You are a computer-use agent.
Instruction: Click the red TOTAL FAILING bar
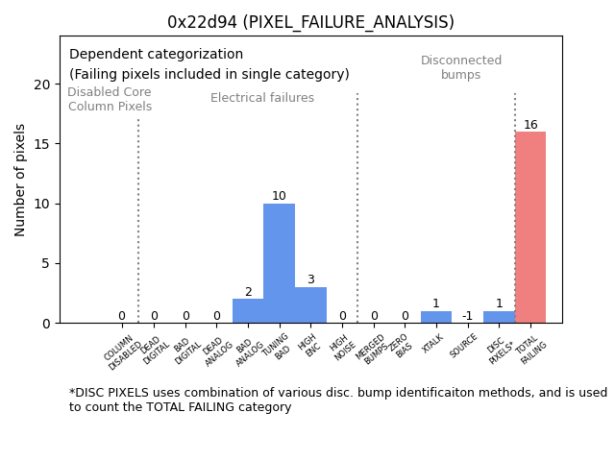530,228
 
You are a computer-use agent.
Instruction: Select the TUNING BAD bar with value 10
279,263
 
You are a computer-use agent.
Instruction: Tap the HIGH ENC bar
310,304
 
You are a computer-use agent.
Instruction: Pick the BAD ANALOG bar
248,311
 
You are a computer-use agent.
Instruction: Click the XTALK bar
436,317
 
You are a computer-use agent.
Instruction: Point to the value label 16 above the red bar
530,125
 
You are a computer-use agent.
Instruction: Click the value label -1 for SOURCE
467,316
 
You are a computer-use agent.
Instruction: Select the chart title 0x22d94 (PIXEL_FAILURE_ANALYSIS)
310,22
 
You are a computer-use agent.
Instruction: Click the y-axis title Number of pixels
20,180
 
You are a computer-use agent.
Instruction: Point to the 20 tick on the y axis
42,85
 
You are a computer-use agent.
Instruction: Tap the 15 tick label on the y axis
42,144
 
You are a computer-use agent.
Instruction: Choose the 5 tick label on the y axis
46,263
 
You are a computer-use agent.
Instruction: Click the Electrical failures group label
262,98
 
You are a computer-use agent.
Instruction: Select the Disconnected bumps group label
461,68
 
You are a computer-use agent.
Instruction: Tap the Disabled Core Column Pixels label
110,100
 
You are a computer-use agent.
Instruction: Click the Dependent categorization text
156,55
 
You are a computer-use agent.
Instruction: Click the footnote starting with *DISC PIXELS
337,400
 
